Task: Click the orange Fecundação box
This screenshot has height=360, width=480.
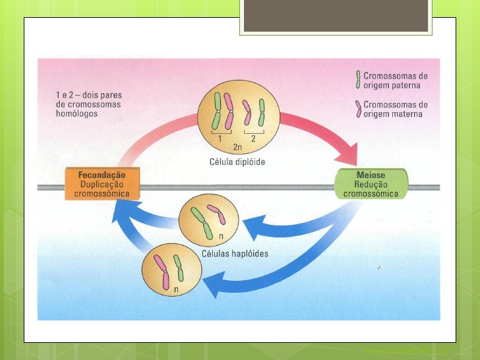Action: pos(103,184)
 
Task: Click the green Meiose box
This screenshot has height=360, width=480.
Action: pos(371,184)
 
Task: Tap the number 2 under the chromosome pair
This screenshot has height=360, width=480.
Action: pos(253,139)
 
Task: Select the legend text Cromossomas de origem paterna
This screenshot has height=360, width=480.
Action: pos(395,80)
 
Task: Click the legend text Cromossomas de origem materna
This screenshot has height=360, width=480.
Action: pos(395,109)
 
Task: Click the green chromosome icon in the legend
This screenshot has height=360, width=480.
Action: pos(358,80)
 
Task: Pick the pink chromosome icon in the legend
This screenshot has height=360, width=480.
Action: pos(358,109)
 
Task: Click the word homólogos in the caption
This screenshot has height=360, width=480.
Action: pos(77,113)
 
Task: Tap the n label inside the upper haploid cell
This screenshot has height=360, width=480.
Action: pos(221,236)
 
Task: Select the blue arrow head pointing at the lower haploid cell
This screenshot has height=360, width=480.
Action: pos(213,285)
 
